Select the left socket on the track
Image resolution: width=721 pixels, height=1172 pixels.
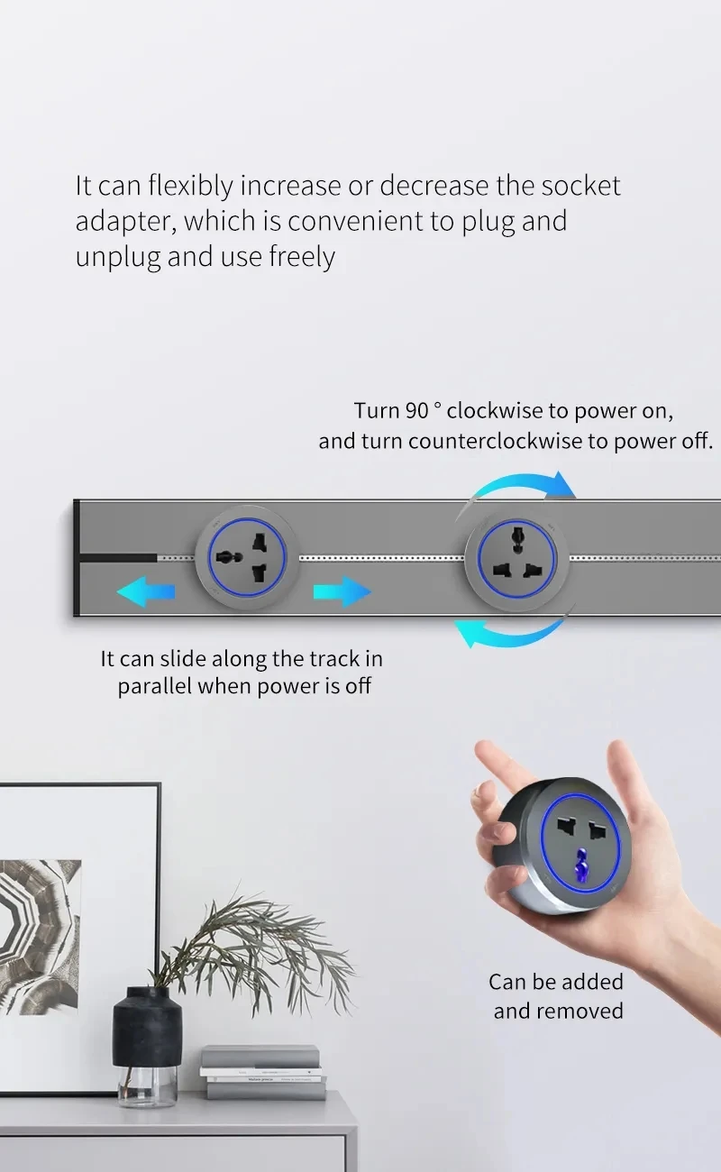coord(248,557)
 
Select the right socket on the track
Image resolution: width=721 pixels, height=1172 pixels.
coord(516,557)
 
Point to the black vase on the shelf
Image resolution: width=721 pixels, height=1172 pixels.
coord(147,1028)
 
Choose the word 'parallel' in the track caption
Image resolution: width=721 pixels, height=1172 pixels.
coord(154,686)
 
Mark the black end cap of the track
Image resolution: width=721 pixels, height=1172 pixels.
coord(78,557)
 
